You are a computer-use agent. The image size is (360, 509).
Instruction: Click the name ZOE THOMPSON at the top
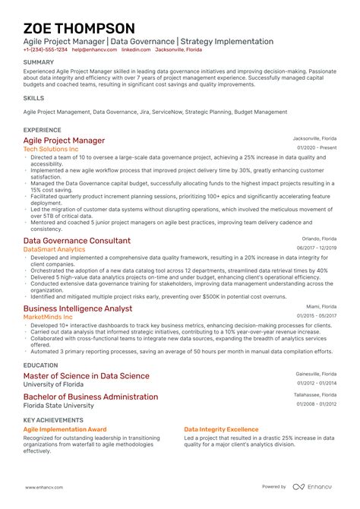[x=80, y=28]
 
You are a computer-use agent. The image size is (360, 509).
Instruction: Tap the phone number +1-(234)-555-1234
[x=46, y=49]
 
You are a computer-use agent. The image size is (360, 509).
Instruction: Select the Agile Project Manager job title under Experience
[x=65, y=141]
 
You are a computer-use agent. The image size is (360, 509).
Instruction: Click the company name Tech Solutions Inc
[x=51, y=150]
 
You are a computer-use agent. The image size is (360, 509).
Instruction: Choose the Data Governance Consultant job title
[x=77, y=240]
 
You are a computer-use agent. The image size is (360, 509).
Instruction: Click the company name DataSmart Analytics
[x=55, y=249]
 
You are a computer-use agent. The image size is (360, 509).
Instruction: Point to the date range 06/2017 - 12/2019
[x=317, y=248]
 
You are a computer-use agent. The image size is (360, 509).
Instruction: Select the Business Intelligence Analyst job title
[x=77, y=308]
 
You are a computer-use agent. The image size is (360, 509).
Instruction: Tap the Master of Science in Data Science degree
[x=87, y=376]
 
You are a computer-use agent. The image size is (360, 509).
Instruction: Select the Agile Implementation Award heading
[x=65, y=429]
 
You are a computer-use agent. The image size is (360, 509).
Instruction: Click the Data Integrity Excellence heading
[x=221, y=429]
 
